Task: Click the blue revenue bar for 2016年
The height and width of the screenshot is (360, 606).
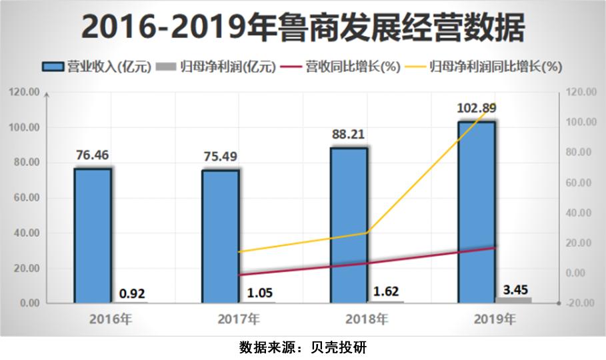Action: click(93, 236)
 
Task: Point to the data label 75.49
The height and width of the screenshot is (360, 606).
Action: click(220, 157)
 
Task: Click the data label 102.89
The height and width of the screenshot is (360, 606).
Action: click(476, 108)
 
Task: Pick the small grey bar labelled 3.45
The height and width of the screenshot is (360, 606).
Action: click(513, 300)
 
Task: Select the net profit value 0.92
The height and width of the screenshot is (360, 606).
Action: click(132, 293)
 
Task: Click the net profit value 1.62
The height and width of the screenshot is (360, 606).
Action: click(387, 291)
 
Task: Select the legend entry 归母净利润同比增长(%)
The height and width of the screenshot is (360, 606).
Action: click(486, 66)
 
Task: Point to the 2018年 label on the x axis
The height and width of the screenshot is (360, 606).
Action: click(367, 319)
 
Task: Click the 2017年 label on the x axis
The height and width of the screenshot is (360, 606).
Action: click(239, 319)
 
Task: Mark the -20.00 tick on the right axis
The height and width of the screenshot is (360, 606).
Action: click(577, 303)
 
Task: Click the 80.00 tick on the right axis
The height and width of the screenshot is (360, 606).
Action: click(577, 153)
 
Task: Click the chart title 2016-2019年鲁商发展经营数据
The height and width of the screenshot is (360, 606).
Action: click(303, 28)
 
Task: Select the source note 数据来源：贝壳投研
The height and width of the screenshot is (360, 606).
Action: click(303, 347)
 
